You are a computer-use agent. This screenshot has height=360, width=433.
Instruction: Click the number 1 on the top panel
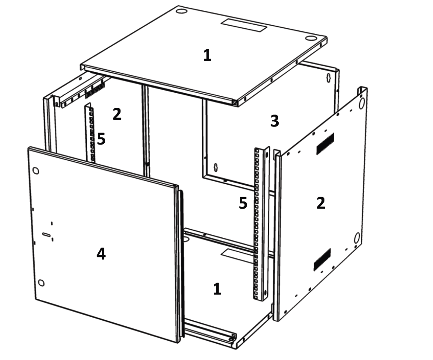[x=207, y=55]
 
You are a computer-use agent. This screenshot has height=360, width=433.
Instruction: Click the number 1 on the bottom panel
[x=217, y=289]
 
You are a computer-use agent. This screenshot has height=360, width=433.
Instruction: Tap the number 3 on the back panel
[x=274, y=121]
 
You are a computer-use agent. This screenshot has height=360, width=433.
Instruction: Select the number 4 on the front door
[x=101, y=254]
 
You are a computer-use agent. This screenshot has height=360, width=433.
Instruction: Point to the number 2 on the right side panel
[x=321, y=203]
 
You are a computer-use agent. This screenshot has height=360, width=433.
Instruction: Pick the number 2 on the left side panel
[x=117, y=114]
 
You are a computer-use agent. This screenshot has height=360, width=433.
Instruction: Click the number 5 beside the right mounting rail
[x=243, y=203]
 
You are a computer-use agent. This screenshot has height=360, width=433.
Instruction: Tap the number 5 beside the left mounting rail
[x=101, y=139]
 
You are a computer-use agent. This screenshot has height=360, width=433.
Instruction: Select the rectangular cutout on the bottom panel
[x=238, y=256]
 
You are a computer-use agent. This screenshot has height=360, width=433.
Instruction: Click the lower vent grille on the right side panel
[x=322, y=260]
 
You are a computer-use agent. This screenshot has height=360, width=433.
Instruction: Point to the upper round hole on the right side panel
[x=362, y=103]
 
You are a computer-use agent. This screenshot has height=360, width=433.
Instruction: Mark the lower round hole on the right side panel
[x=357, y=238]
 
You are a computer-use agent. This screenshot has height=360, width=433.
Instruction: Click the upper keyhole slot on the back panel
[x=329, y=78]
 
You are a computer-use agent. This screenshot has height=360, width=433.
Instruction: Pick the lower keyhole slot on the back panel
[x=216, y=168]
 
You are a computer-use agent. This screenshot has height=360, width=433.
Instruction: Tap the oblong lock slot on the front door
[x=47, y=235]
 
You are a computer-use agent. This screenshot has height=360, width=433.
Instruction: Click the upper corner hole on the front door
[x=35, y=171]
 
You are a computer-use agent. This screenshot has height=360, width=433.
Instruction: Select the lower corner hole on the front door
[x=41, y=283]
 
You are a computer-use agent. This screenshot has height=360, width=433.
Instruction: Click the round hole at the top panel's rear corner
[x=181, y=11]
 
